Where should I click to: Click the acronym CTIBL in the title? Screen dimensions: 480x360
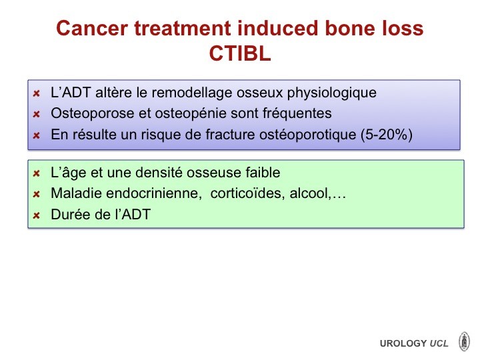240,53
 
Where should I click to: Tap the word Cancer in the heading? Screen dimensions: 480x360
92,28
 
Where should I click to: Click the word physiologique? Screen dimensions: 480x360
331,93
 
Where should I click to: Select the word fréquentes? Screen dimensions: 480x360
297,113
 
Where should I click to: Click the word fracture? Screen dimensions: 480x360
230,135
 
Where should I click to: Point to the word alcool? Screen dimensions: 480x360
310,193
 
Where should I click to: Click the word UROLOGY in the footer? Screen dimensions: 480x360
403,343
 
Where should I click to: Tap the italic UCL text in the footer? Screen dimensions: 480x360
439,343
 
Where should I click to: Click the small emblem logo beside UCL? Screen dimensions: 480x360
464,341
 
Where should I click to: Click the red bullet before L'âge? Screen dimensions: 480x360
37,173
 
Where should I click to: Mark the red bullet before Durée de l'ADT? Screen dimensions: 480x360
37,215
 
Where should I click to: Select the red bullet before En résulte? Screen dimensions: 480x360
37,135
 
